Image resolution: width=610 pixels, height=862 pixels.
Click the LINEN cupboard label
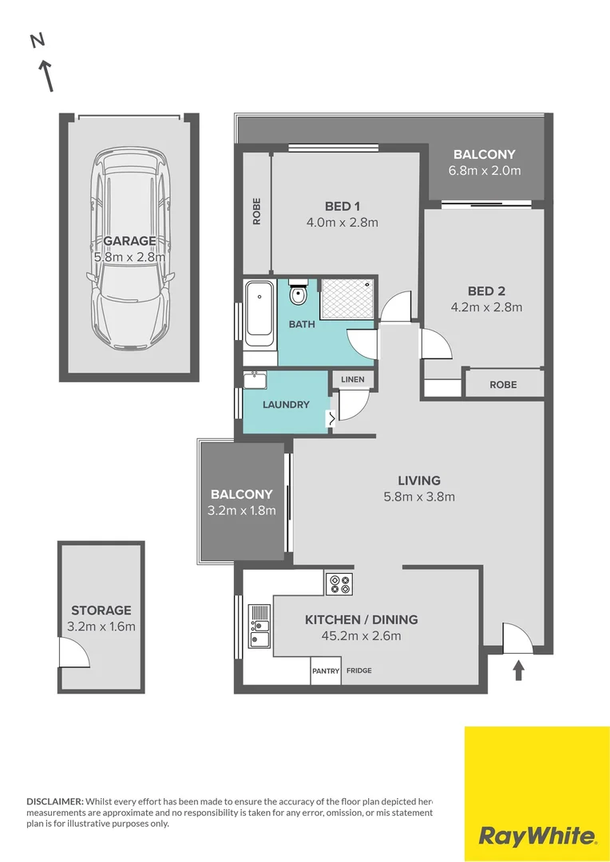(x=352, y=379)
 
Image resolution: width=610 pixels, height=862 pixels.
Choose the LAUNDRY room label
(x=286, y=405)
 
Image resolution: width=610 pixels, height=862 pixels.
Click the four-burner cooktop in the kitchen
(x=339, y=583)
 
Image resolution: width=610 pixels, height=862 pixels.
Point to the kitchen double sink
(x=259, y=627)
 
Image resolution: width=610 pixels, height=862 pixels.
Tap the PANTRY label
(x=326, y=671)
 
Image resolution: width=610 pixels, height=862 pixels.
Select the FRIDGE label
(x=358, y=671)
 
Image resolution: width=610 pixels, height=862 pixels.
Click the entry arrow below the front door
(x=518, y=670)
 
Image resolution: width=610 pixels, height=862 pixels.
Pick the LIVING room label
(x=419, y=480)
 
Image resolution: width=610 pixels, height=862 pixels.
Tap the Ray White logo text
(x=537, y=836)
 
